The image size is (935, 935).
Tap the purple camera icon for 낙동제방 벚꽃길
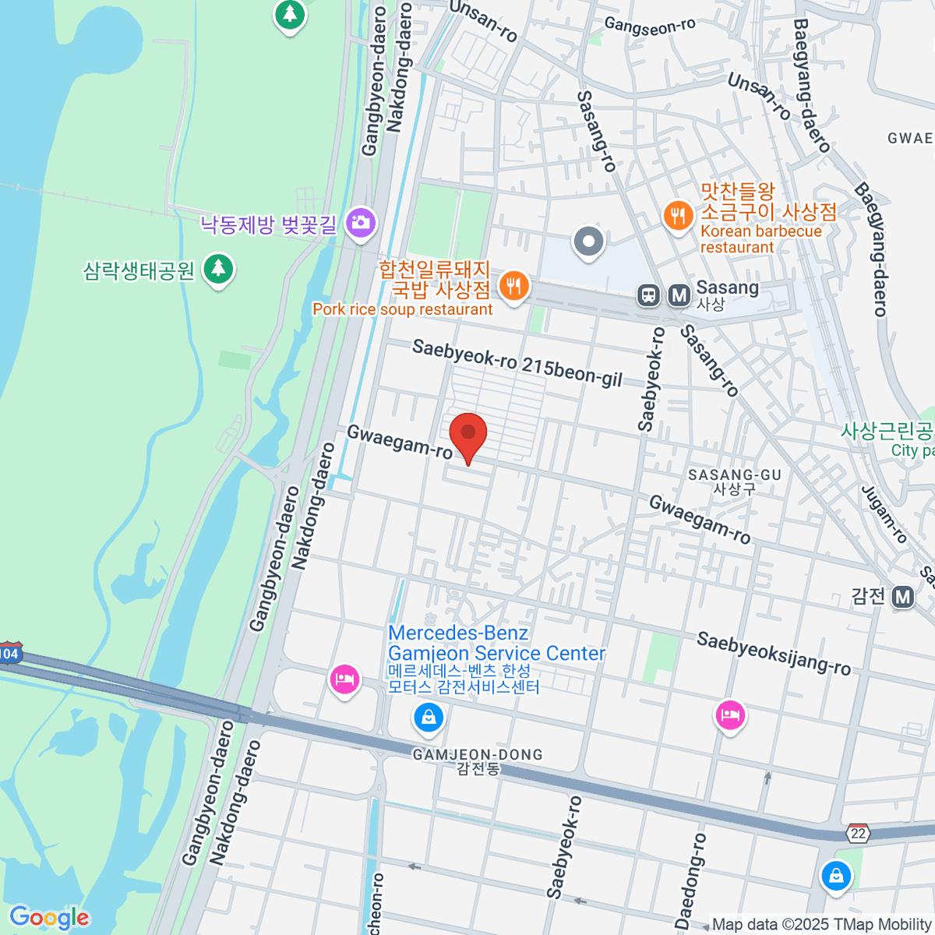[x=361, y=223]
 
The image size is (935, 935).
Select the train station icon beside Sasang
[x=648, y=295]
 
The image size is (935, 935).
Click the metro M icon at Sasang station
[x=679, y=295]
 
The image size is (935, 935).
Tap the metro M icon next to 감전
[x=902, y=597]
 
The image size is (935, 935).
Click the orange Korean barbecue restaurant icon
[x=678, y=216]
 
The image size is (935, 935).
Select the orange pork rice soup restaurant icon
[x=512, y=286]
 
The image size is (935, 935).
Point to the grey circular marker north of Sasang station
[x=588, y=242]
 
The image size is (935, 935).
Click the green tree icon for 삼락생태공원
[x=218, y=270]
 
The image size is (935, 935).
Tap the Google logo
[x=49, y=918]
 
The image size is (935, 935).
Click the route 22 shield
[x=859, y=833]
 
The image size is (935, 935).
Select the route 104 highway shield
[x=9, y=653]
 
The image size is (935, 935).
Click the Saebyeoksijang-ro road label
[x=773, y=653]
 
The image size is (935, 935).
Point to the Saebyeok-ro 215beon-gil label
[x=517, y=362]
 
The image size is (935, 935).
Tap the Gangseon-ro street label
[x=650, y=26]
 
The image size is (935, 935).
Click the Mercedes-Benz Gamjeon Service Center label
[x=496, y=644]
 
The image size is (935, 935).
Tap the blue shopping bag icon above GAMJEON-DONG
[x=428, y=717]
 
